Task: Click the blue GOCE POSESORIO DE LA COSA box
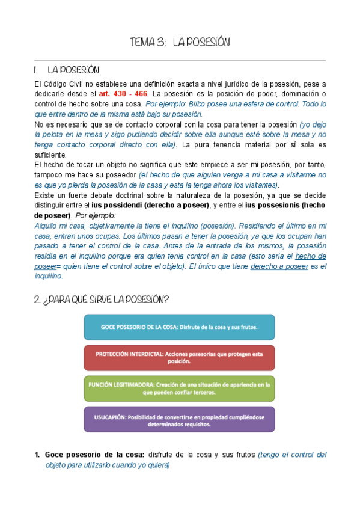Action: (179, 328)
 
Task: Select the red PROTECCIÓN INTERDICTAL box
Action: (179, 358)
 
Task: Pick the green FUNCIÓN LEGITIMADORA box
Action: (179, 388)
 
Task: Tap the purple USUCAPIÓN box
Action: (179, 419)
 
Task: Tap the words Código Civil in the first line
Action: (66, 84)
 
